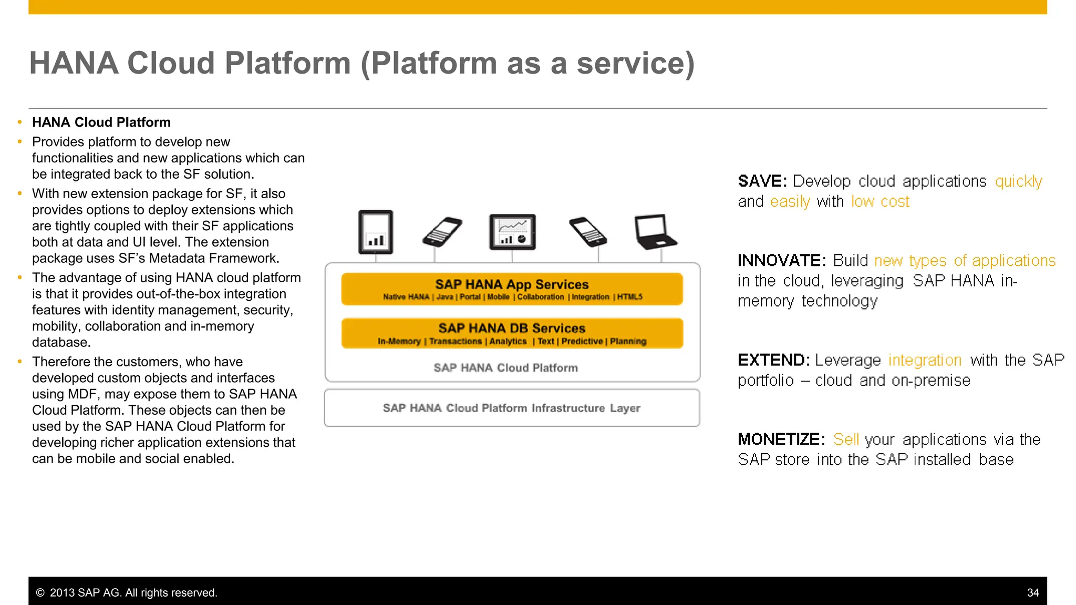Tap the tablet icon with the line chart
click(512, 232)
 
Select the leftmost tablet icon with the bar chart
click(376, 232)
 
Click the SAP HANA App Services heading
click(512, 284)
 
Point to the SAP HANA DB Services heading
click(512, 328)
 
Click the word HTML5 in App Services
click(630, 297)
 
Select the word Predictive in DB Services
click(582, 341)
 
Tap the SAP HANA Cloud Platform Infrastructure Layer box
click(512, 408)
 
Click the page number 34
click(1033, 592)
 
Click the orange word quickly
click(1018, 181)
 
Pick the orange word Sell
click(846, 439)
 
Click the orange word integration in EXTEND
click(925, 360)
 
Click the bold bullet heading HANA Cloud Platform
click(101, 122)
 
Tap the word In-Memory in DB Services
click(399, 341)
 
